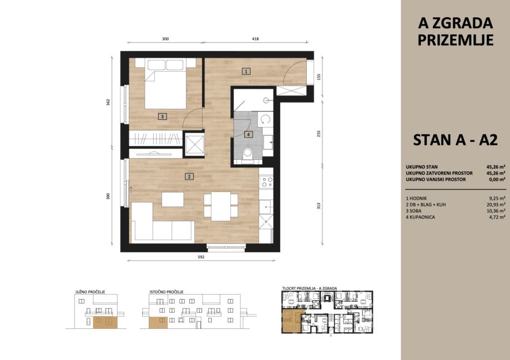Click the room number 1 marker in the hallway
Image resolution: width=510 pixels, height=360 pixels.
pos(246,71)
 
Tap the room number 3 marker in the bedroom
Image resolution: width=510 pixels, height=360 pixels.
pos(162,116)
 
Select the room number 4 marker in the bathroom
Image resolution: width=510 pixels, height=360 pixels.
pos(249,134)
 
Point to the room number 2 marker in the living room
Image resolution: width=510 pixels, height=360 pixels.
pos(189,176)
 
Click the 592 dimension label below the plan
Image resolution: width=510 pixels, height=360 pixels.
pos(201,257)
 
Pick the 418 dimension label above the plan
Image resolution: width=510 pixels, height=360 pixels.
pos(255,39)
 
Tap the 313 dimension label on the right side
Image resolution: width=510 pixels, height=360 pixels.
pos(319,206)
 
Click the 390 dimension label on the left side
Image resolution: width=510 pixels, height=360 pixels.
pos(108,196)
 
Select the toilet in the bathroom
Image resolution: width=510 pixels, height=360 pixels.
pos(248,154)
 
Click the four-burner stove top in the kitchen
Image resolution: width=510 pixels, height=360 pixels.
pos(266,182)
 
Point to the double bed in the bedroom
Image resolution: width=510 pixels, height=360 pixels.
pos(165,84)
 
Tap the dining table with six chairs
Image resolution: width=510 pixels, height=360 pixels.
pos(221,206)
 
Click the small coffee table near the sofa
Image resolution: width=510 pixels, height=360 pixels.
pos(173,199)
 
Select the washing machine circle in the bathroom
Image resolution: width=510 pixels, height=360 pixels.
pos(266,119)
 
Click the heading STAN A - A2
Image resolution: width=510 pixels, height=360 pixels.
pos(456,140)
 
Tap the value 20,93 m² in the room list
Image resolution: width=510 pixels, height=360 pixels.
pos(496,205)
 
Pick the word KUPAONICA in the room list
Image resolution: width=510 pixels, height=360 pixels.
pos(422,217)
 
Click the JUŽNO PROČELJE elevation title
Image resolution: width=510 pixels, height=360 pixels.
pos(90,292)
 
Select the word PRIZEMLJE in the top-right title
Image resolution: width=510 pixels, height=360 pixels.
pos(456,40)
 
